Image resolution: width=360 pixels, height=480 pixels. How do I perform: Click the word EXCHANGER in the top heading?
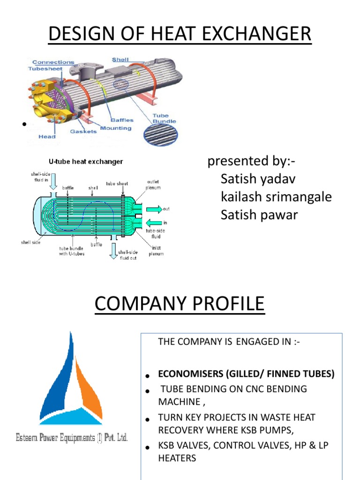click(x=256, y=34)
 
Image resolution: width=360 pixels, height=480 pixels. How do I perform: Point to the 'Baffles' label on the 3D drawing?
click(x=122, y=120)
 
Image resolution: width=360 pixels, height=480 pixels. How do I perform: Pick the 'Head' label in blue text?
click(x=47, y=137)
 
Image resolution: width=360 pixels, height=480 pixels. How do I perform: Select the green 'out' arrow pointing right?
click(x=154, y=209)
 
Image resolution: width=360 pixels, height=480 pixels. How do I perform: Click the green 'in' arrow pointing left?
click(x=153, y=223)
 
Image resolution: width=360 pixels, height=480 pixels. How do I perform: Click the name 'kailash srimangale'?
click(x=276, y=197)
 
